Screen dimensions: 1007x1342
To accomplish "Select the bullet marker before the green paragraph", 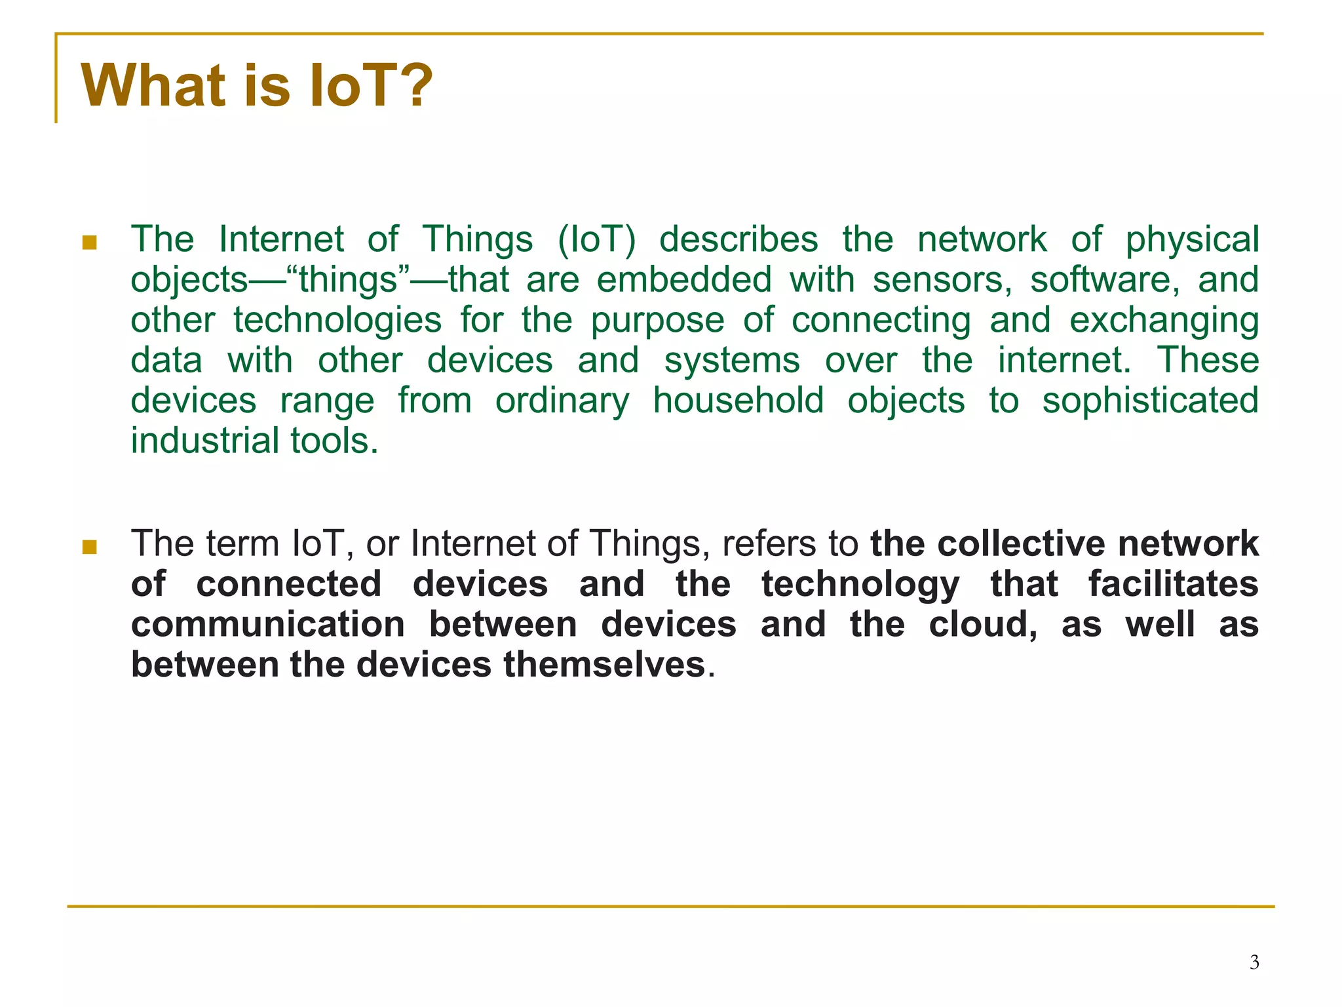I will (90, 243).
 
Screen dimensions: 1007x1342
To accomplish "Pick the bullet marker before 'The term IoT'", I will (90, 547).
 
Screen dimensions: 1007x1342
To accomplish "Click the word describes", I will (738, 239).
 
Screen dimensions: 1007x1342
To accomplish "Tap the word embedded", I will (684, 280).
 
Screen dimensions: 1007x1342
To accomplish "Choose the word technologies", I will (337, 321).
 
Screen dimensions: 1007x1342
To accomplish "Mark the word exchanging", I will (1164, 321).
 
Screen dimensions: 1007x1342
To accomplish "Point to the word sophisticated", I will (1150, 401).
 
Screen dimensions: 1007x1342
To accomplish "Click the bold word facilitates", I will (1173, 584).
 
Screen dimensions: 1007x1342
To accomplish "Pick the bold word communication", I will (268, 625).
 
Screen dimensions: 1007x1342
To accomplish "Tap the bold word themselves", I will (604, 665).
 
